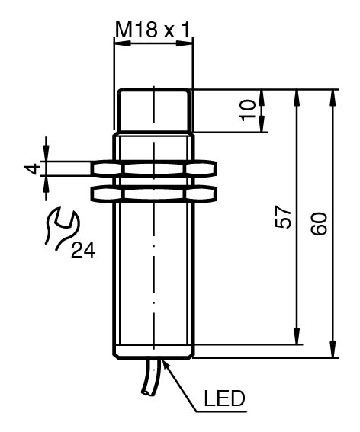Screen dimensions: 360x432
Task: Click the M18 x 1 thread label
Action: pos(153,30)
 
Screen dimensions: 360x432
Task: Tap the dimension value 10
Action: pos(248,110)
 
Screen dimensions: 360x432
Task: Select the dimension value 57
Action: pos(283,218)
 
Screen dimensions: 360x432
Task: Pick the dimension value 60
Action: pos(319,223)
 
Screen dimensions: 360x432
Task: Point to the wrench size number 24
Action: pos(83,250)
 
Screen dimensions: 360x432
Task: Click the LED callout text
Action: pos(224,398)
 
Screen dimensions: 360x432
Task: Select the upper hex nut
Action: pos(153,168)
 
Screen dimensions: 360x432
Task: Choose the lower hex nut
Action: pos(153,193)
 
